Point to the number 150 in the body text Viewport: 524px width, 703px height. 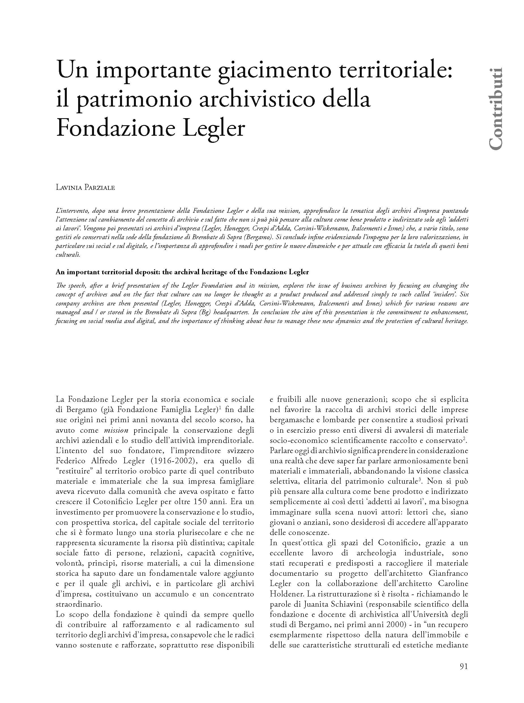(x=201, y=502)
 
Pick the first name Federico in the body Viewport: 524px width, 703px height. (x=71, y=461)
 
